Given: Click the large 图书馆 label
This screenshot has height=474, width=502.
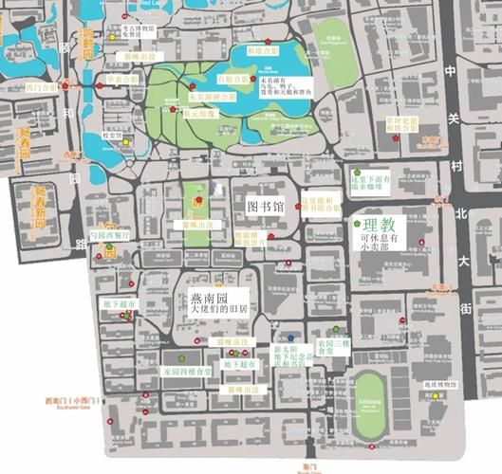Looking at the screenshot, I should (x=266, y=205).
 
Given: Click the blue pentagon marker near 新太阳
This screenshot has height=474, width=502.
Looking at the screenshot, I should (x=292, y=337).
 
